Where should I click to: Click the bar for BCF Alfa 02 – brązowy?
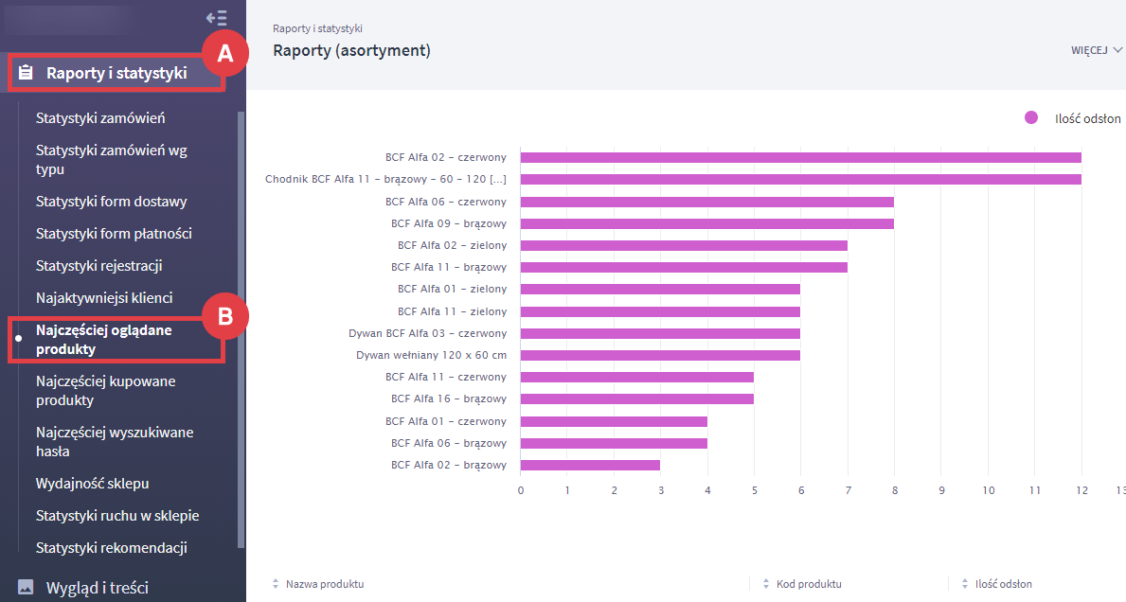tap(590, 465)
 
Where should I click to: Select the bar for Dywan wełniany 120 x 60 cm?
tap(660, 355)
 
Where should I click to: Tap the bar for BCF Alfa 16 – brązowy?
tap(636, 398)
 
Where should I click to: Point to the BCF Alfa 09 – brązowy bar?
tap(706, 223)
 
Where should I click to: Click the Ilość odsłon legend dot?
tap(1031, 118)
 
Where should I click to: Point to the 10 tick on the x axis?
tap(988, 490)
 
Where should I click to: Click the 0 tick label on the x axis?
tap(521, 490)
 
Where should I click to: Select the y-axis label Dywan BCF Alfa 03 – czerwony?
tap(427, 333)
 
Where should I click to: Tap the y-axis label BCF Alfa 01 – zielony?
tap(452, 289)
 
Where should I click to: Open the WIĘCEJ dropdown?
tap(1096, 50)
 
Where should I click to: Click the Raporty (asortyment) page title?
tap(351, 50)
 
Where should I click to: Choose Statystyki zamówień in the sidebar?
tap(100, 118)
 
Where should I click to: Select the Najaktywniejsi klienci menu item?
tap(104, 297)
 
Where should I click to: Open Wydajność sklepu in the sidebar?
tap(92, 484)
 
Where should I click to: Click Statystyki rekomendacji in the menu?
tap(111, 548)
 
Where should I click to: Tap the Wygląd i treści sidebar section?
tap(97, 588)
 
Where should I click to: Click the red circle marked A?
tap(225, 54)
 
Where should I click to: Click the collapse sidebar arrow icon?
tap(216, 17)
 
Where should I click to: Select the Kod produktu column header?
tap(809, 584)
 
